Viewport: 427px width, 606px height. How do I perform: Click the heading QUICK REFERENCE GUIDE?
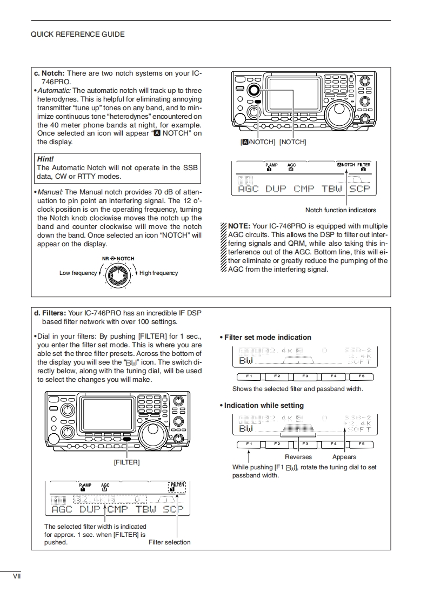(78, 34)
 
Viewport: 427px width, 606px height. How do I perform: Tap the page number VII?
(17, 576)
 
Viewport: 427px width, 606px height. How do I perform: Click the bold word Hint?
(45, 159)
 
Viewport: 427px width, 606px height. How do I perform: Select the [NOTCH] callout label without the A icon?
(292, 142)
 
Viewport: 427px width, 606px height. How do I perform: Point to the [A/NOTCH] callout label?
(258, 142)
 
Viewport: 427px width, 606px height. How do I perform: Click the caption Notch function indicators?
(341, 210)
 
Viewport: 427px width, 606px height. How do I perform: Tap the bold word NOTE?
(239, 226)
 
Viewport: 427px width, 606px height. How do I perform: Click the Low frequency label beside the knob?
(78, 273)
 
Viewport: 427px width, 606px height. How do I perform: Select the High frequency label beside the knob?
(158, 273)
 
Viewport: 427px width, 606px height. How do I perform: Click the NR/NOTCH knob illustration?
(117, 276)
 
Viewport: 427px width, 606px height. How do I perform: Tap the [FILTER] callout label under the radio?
(126, 462)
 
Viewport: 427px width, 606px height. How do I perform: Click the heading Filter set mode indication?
(268, 338)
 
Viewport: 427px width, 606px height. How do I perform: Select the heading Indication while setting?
(264, 406)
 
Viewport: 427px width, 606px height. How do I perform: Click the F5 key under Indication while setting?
(362, 444)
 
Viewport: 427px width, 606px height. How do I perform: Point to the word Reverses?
(298, 457)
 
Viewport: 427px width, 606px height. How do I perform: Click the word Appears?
(344, 457)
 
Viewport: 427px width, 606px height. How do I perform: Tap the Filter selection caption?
(169, 542)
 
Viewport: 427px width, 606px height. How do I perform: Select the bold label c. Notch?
(49, 73)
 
